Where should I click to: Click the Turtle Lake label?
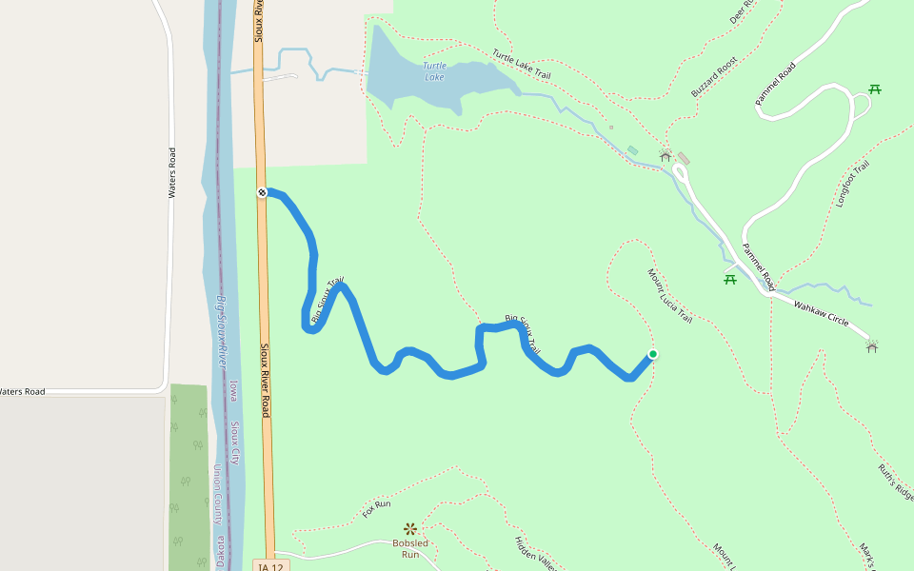coord(434,71)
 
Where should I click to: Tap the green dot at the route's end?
coord(653,355)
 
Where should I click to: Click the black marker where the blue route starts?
coord(262,193)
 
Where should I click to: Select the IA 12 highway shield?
coord(269,566)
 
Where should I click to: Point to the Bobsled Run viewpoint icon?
coord(410,528)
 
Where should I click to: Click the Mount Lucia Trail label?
coord(670,297)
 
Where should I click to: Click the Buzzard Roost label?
coord(714,77)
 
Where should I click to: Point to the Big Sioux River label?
coord(221,331)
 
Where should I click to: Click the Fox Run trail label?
coord(377,509)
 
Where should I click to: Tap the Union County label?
coord(218,495)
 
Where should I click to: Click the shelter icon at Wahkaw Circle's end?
coord(872,346)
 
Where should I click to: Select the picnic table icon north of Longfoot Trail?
coord(874,89)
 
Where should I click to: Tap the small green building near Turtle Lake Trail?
coord(632,150)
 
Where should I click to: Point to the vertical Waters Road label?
coord(172,172)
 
